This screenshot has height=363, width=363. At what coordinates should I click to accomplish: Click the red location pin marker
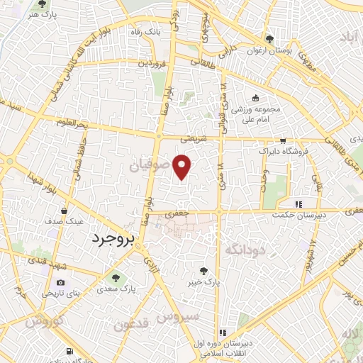click(183, 166)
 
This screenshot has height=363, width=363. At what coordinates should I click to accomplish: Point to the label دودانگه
click(245, 249)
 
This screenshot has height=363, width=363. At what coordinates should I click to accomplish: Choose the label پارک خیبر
click(204, 281)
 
